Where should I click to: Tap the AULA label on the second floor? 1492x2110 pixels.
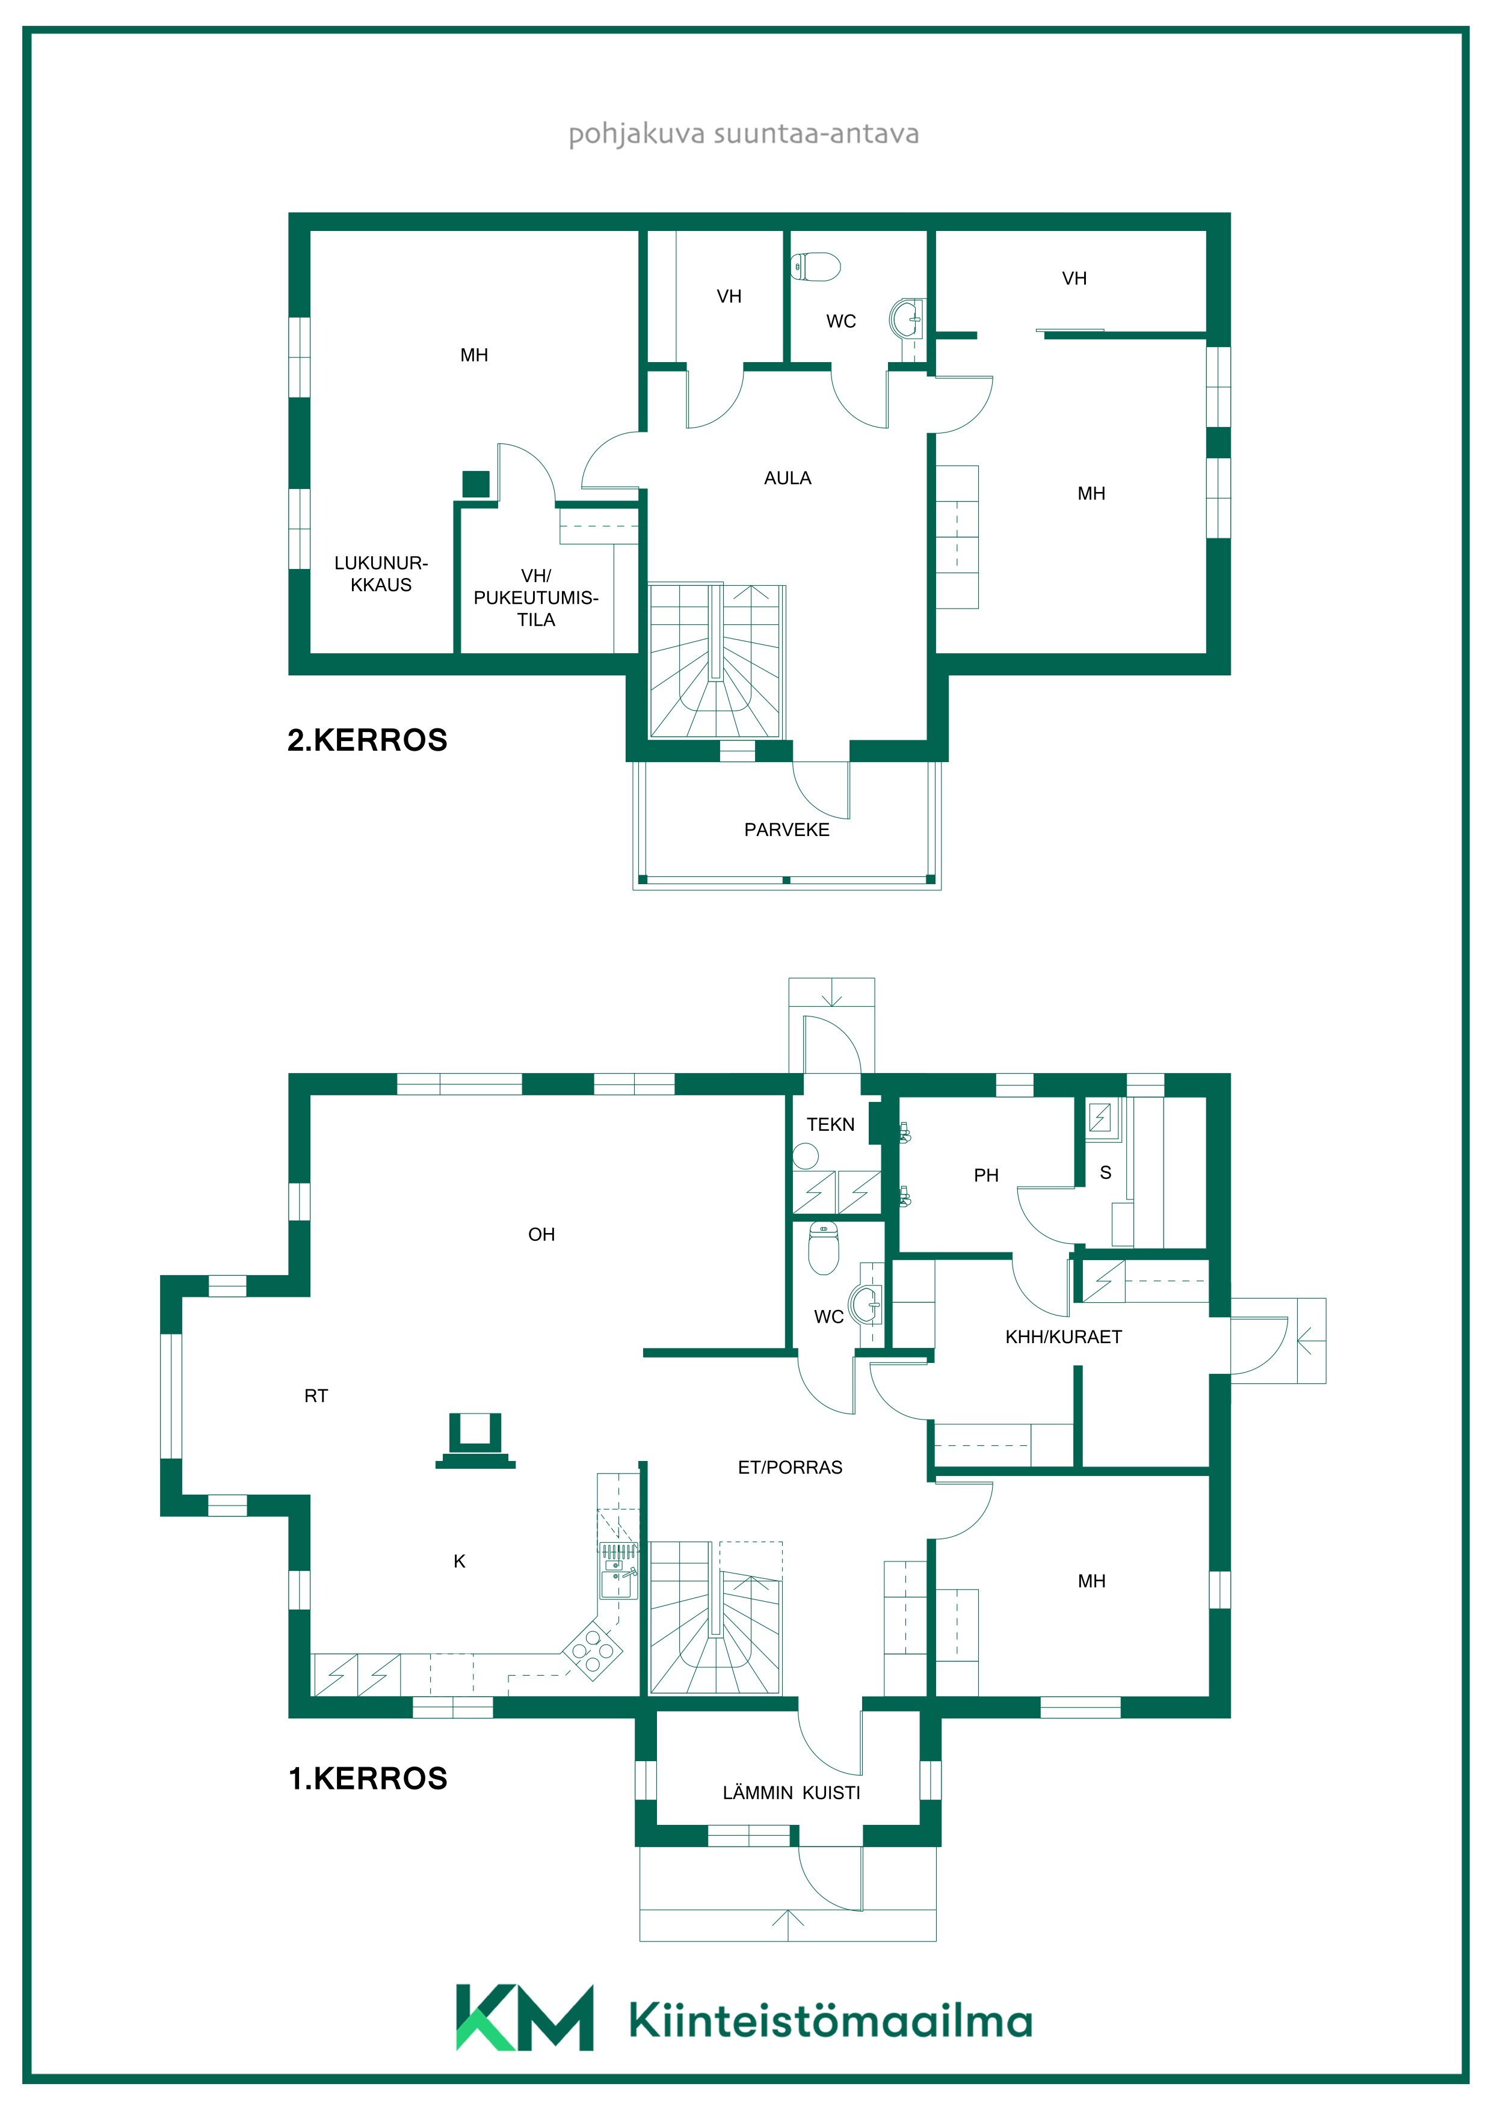(788, 478)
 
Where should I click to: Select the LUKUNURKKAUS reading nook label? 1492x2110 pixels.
(381, 573)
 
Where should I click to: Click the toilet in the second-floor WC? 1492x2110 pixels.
(816, 266)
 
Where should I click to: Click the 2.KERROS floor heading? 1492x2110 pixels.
(367, 740)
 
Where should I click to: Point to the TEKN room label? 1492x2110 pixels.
(830, 1124)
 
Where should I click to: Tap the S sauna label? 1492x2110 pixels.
(1105, 1173)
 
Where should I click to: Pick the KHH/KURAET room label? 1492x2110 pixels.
(1064, 1337)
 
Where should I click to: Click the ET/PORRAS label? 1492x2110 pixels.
(790, 1468)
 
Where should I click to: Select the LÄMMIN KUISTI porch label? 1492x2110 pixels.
(791, 1793)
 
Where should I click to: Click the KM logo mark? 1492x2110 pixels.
(524, 2017)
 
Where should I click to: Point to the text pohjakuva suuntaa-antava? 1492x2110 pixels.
(744, 134)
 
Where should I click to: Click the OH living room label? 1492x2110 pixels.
(541, 1234)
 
